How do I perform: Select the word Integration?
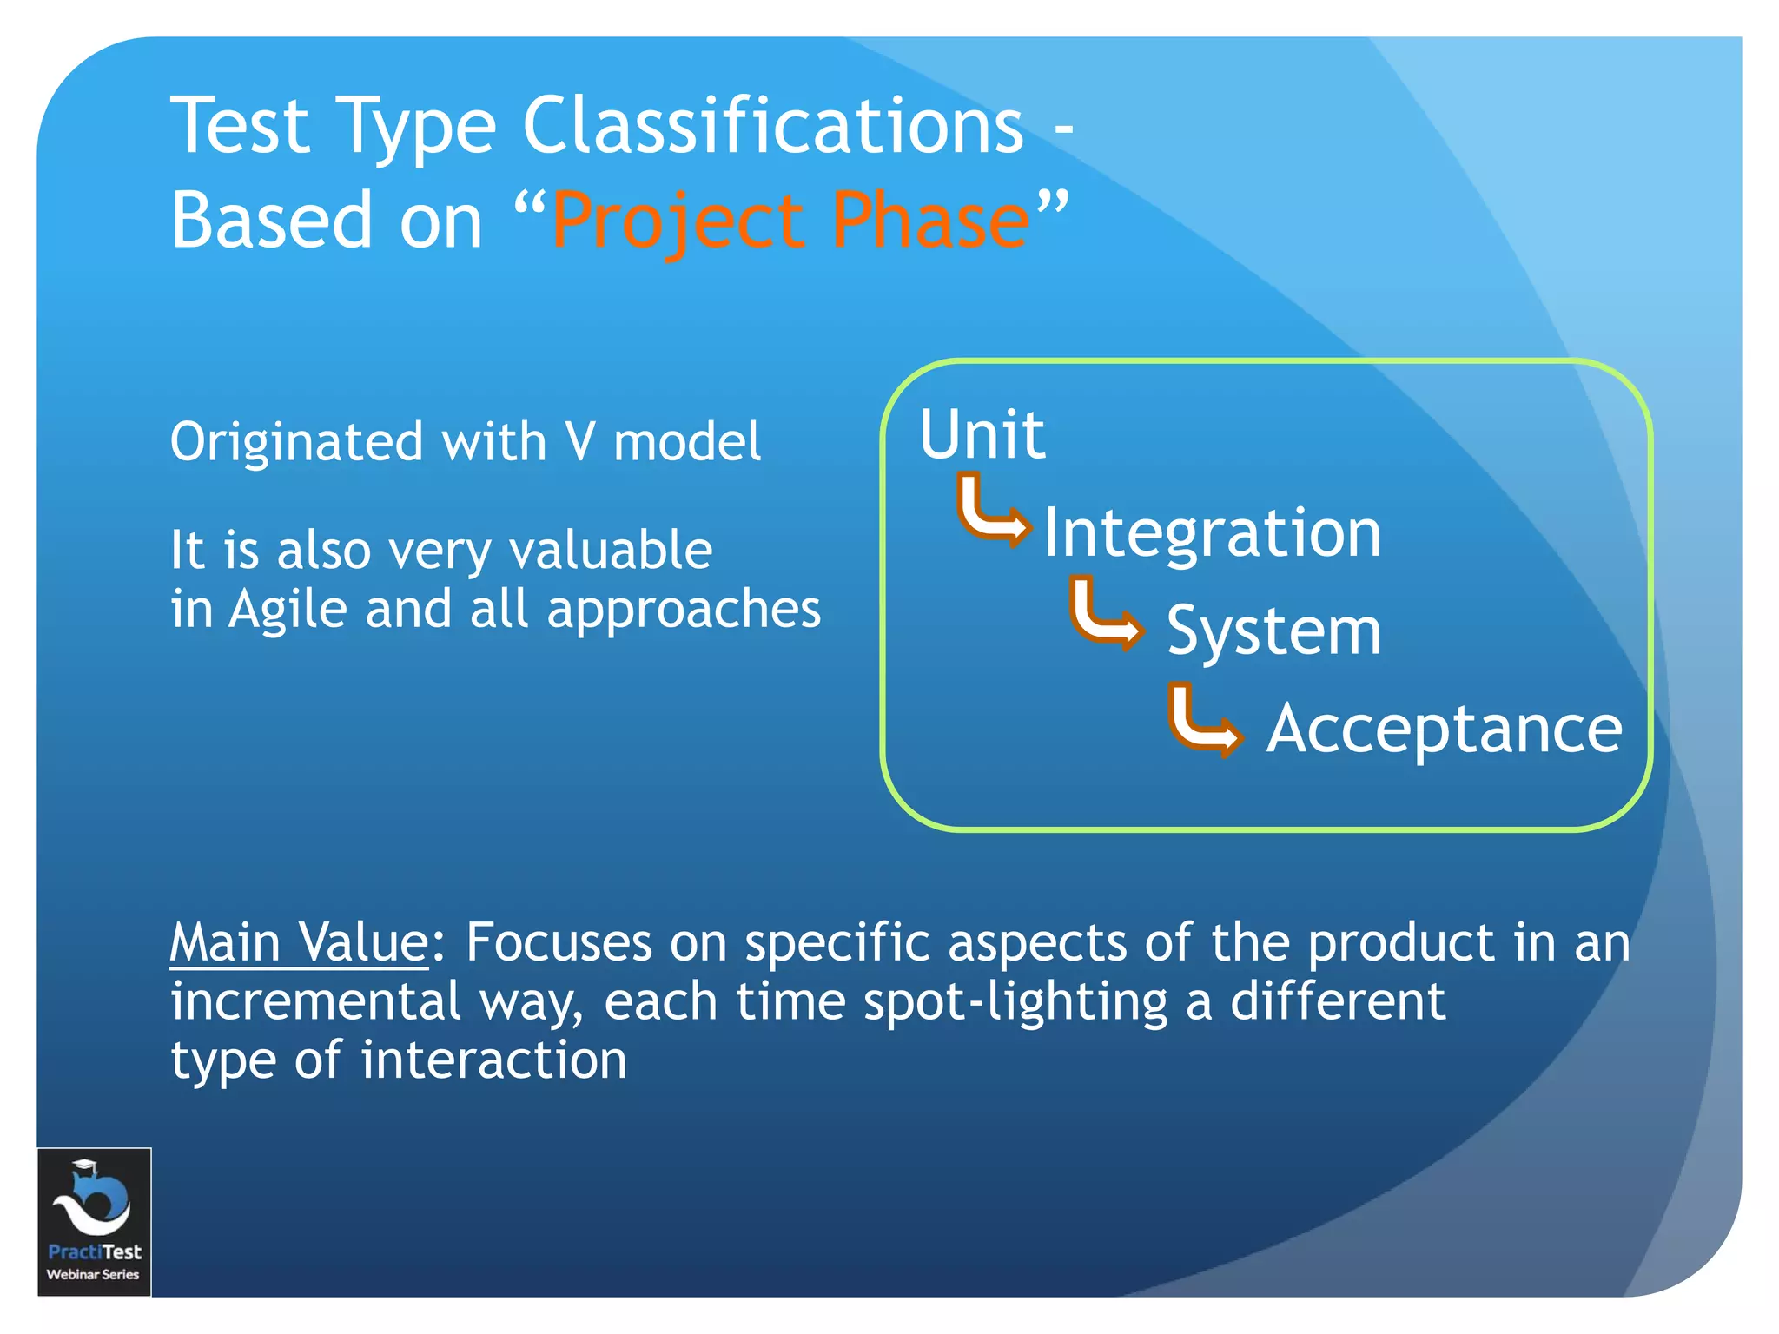[x=1212, y=532]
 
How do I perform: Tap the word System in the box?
[x=1273, y=631]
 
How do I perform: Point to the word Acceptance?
[x=1444, y=730]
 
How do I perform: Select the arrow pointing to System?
[x=1105, y=614]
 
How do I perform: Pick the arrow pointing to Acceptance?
[x=1204, y=721]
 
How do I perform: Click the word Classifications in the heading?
[x=773, y=126]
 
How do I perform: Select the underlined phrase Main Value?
[x=299, y=942]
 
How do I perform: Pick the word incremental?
[x=315, y=1001]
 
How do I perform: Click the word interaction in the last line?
[x=493, y=1060]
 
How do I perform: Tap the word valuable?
[x=610, y=551]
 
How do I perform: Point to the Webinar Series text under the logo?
[x=93, y=1274]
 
